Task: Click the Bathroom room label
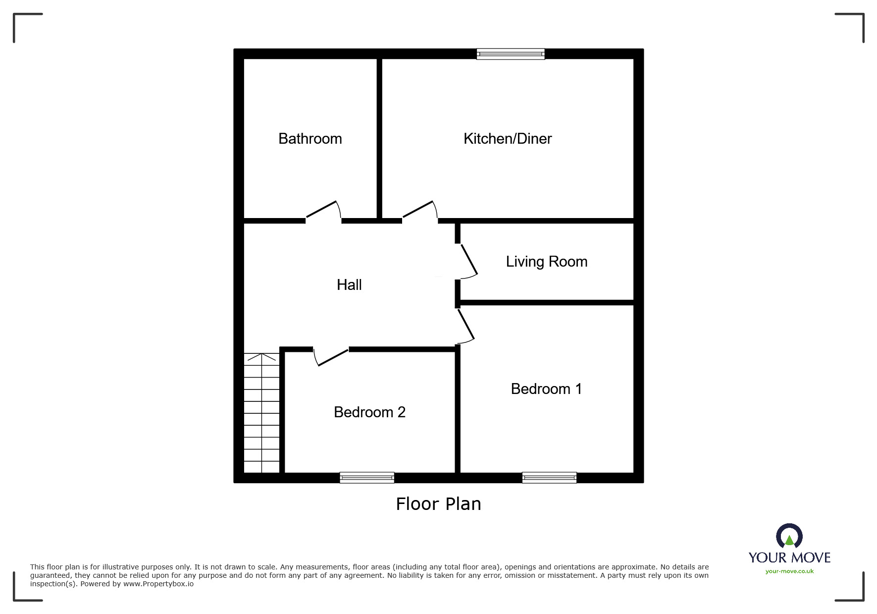tap(310, 139)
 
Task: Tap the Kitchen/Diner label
tap(508, 139)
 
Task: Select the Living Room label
tap(546, 262)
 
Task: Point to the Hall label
tap(349, 285)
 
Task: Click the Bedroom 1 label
tap(546, 389)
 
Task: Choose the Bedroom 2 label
tap(369, 412)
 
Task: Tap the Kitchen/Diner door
tap(420, 210)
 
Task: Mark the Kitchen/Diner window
tap(511, 54)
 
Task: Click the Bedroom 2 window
tap(367, 478)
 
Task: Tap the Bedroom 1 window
tap(549, 478)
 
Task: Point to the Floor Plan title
tap(438, 504)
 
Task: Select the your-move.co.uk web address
tap(789, 571)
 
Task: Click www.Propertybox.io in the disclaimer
tap(158, 584)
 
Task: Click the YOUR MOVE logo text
tap(789, 558)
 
